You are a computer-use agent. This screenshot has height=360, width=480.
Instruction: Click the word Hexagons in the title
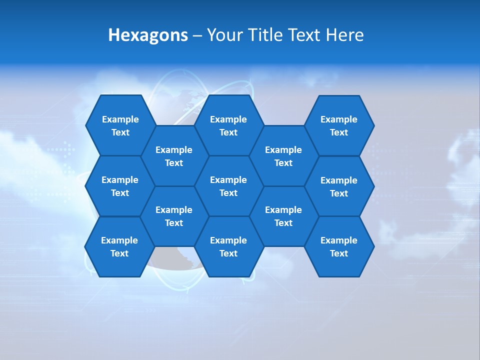point(148,35)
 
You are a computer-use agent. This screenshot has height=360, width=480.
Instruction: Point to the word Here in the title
point(344,35)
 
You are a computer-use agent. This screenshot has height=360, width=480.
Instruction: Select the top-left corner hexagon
point(120,125)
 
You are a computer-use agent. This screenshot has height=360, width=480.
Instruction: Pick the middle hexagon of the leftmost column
point(120,186)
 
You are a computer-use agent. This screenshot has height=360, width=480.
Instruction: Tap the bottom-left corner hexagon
point(119,246)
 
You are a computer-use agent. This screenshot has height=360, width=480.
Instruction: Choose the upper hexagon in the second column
point(174,156)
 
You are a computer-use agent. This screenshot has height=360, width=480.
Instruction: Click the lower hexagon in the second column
point(174,216)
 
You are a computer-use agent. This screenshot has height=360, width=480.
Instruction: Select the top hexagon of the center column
point(228,125)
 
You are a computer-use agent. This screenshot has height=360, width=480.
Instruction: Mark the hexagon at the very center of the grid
point(228,186)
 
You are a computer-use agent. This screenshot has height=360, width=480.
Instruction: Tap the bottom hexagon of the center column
point(228,246)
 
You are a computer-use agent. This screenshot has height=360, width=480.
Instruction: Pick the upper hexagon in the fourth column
point(283,156)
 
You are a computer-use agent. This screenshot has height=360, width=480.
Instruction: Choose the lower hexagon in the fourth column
point(283,216)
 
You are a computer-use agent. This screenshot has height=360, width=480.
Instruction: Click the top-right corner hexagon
point(339,125)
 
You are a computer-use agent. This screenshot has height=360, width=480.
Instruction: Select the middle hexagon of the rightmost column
point(339,186)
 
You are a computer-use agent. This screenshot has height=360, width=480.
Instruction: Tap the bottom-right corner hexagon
point(339,246)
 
